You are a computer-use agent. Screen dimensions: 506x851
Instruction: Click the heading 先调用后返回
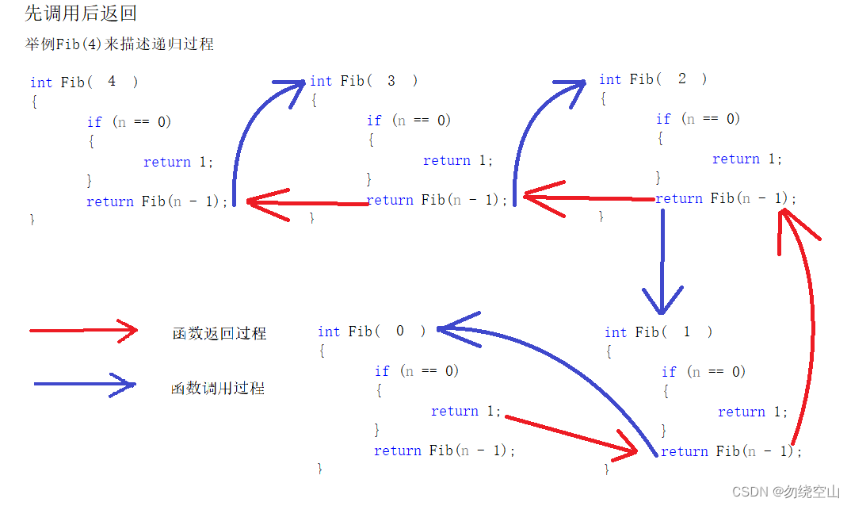[82, 13]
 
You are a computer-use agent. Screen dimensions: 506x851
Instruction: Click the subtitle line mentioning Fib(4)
[119, 44]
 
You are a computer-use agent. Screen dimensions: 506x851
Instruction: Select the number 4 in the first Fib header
[112, 81]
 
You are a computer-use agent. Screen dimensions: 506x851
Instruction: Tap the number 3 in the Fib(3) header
[391, 80]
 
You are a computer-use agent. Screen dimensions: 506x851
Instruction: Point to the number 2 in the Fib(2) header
[682, 79]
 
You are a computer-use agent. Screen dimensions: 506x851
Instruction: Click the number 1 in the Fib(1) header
[686, 332]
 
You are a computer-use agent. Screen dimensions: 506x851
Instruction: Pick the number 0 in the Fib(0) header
[400, 331]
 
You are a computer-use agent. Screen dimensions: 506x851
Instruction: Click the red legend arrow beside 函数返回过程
[83, 331]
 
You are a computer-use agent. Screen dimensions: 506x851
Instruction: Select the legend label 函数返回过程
[219, 334]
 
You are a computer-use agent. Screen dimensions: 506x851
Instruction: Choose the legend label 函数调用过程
[218, 389]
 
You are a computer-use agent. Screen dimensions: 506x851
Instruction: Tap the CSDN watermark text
[785, 492]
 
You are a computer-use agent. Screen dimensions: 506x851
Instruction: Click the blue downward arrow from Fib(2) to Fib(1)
[662, 262]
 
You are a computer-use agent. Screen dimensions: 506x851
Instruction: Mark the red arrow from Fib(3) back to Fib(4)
[308, 203]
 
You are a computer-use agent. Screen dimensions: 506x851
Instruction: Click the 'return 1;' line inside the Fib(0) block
[466, 411]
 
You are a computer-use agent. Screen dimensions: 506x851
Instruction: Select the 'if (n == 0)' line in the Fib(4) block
[129, 121]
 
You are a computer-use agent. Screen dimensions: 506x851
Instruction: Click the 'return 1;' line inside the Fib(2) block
[747, 159]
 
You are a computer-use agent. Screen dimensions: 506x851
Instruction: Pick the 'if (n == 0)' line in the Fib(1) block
[704, 371]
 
